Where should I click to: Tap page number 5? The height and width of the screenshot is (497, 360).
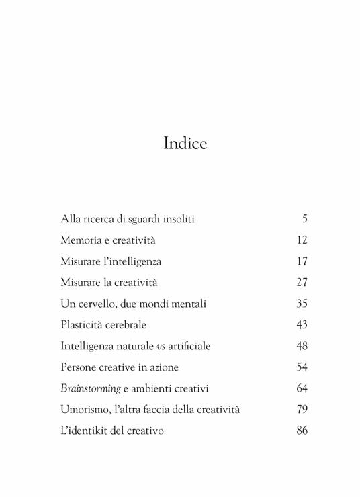[304, 218]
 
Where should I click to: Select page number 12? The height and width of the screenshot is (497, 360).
[302, 240]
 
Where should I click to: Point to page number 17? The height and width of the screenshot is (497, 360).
[302, 261]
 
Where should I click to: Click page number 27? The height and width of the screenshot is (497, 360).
[302, 282]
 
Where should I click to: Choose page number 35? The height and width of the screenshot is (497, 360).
[302, 304]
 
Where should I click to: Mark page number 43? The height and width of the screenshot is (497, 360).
[302, 324]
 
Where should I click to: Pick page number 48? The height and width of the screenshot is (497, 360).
[302, 346]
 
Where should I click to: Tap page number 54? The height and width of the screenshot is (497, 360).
[302, 367]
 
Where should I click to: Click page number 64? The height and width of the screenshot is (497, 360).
[302, 388]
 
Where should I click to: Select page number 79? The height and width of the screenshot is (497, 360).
[302, 410]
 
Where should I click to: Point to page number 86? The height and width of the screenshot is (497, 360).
[302, 431]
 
